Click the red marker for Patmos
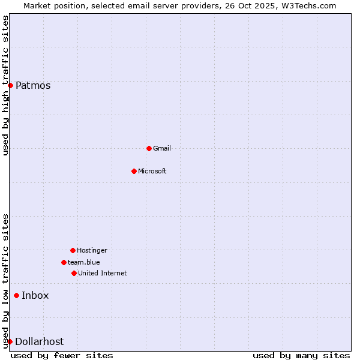coord(10,85)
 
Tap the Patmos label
coord(33,85)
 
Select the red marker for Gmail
coord(149,148)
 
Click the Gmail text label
coord(162,148)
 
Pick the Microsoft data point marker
coord(134,171)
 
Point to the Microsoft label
coord(152,171)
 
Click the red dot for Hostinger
coord(73,250)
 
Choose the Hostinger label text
coord(92,250)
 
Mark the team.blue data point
coord(64,262)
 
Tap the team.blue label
coord(84,262)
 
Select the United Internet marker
coord(74,273)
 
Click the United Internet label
coord(103,273)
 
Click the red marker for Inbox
coord(16,295)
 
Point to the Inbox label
coord(35,295)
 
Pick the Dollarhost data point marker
coord(10,341)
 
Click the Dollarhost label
coord(39,341)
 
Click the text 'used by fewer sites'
coord(62,355)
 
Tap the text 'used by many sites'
coord(301,355)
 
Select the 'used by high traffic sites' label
coord(5,85)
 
